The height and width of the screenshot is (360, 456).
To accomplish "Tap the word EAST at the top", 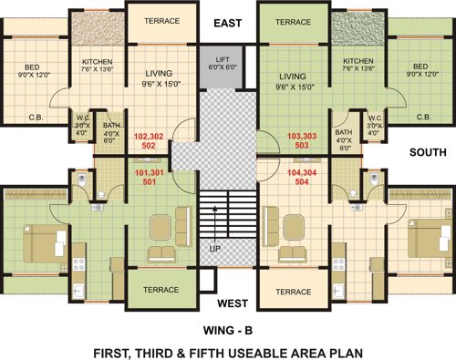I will coord(228,22).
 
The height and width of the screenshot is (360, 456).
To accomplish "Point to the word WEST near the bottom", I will coord(230,303).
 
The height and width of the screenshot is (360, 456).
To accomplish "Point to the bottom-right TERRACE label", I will coord(294,292).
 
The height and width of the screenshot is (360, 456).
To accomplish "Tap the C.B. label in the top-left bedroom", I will coord(36,117).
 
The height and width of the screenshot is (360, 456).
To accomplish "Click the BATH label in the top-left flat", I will coord(111,125).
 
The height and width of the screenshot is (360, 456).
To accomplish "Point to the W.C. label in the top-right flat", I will coord(374,118).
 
